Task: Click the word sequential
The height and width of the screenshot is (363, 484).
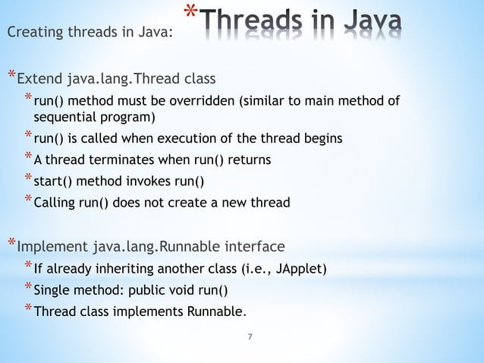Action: click(x=62, y=117)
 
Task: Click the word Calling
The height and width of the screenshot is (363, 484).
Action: click(x=54, y=204)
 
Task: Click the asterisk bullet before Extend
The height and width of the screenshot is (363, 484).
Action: click(x=11, y=76)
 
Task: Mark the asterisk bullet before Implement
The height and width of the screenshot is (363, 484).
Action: click(x=11, y=244)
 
